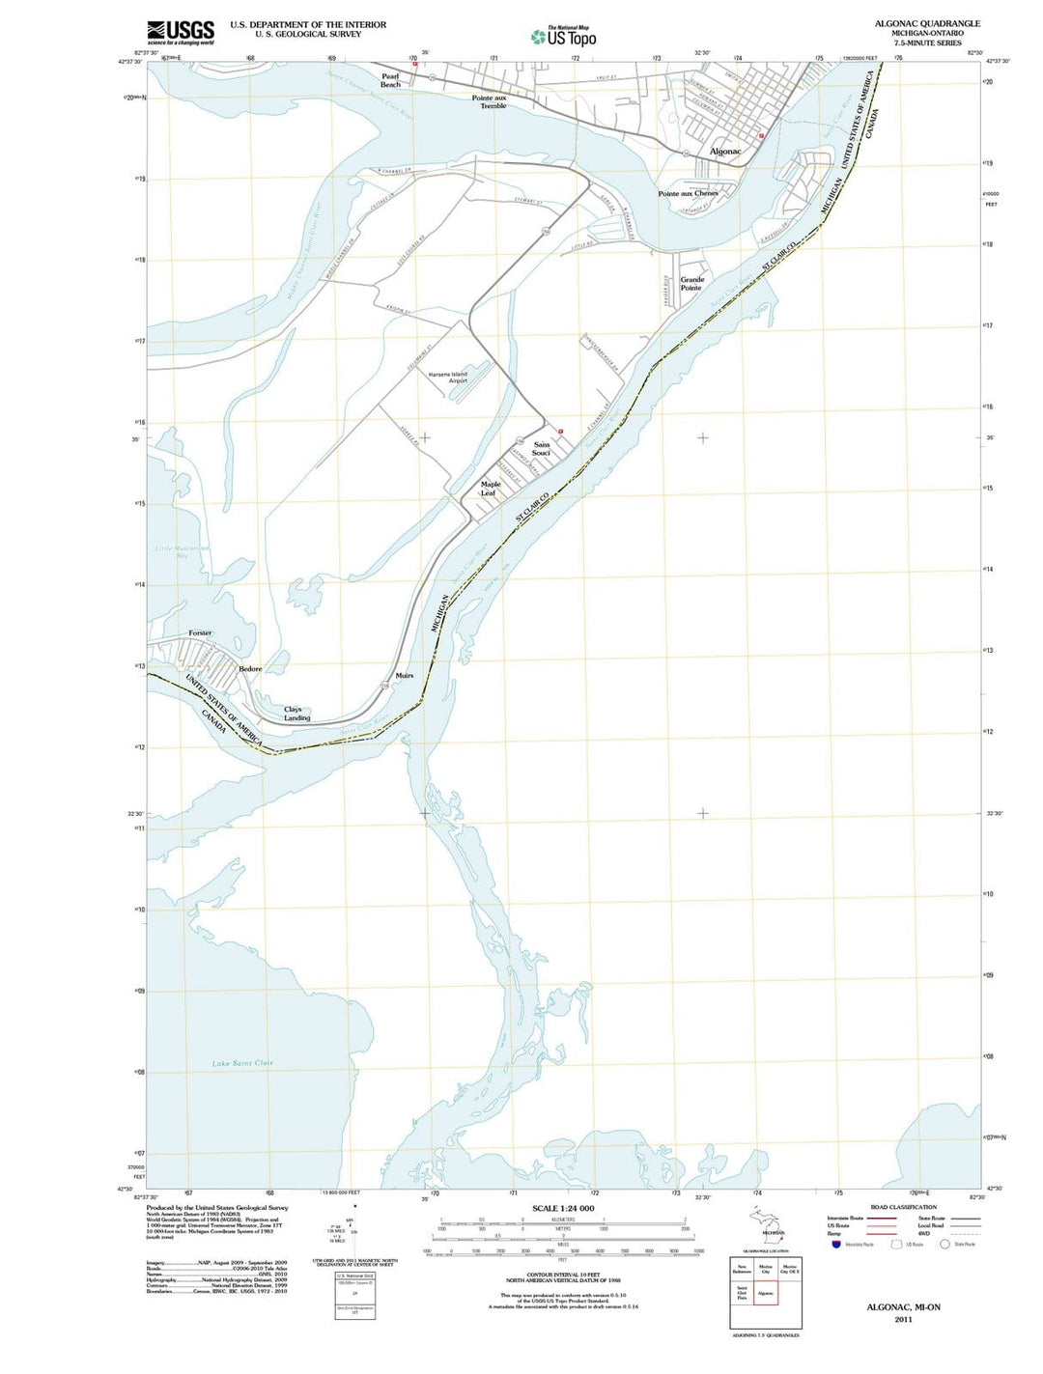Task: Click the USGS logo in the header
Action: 181,33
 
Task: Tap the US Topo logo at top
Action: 563,37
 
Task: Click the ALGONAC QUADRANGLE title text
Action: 926,23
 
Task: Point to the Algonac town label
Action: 725,152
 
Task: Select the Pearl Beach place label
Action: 390,80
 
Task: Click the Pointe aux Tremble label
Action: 490,101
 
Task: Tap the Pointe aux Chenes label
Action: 688,193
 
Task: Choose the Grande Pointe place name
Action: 691,284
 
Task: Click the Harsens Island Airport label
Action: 448,378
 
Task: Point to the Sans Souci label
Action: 541,449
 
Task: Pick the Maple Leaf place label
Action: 491,489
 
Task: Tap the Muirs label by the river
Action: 404,675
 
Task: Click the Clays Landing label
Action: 296,714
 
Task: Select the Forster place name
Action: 200,633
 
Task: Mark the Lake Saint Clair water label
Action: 242,1063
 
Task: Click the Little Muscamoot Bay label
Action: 182,552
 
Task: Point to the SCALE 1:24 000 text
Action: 563,1208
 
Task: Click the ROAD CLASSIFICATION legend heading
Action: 903,1207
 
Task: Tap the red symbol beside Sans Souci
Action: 560,431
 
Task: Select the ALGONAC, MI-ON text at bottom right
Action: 903,1306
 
